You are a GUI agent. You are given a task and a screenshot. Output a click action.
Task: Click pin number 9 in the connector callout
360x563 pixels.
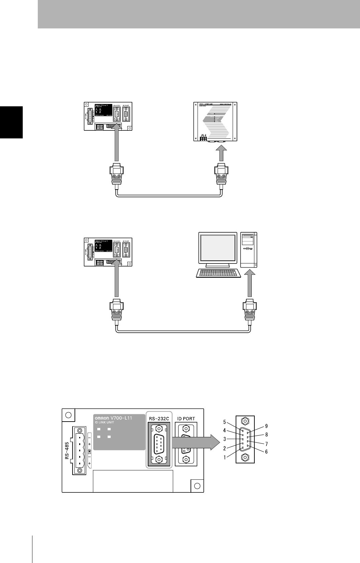click(x=266, y=426)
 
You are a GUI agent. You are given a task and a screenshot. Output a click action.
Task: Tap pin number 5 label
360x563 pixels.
click(x=225, y=422)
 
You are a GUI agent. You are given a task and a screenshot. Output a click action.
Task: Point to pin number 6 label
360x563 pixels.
click(x=266, y=451)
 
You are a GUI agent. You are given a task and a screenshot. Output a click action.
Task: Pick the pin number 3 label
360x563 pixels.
click(x=225, y=439)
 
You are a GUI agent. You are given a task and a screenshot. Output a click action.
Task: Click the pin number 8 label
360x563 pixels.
click(x=266, y=435)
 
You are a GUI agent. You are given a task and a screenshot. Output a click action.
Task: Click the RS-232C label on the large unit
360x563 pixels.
click(x=159, y=418)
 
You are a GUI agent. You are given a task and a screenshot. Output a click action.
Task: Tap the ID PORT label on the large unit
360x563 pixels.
click(x=186, y=418)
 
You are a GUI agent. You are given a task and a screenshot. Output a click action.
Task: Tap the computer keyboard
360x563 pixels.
click(x=218, y=273)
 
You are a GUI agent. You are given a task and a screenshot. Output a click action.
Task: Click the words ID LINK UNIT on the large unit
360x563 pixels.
click(x=104, y=423)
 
